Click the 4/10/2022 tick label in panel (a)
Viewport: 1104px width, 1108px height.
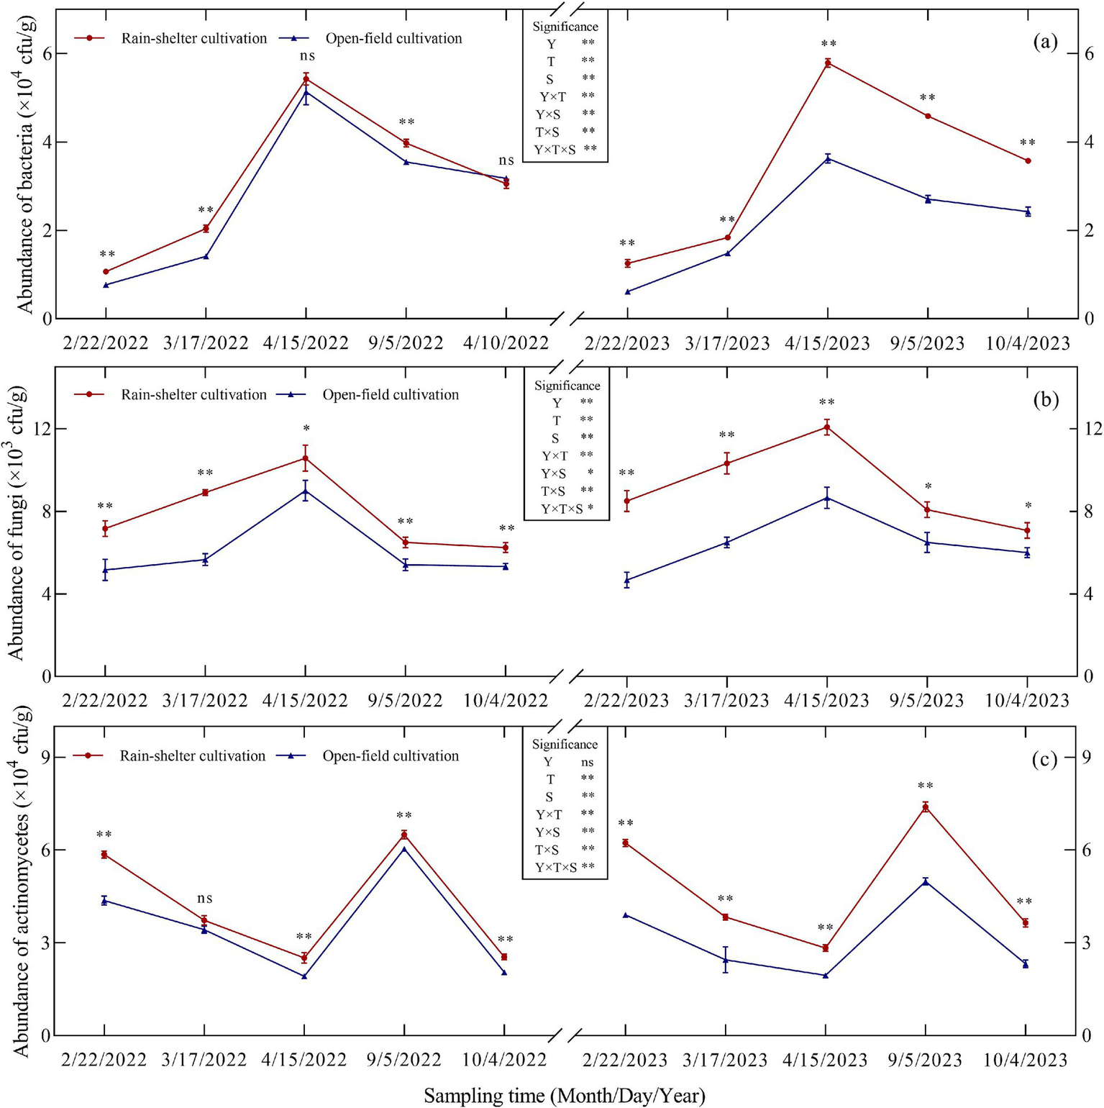pyautogui.click(x=506, y=343)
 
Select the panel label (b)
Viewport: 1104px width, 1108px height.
pyautogui.click(x=1045, y=400)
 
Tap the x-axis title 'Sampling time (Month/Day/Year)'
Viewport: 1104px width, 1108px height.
pyautogui.click(x=564, y=1095)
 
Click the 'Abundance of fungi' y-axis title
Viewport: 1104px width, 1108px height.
pyautogui.click(x=17, y=522)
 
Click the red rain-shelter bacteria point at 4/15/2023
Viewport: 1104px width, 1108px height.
pyautogui.click(x=827, y=63)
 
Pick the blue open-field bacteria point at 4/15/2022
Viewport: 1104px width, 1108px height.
pyautogui.click(x=306, y=92)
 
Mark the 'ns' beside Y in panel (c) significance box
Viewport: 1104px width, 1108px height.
pyautogui.click(x=587, y=763)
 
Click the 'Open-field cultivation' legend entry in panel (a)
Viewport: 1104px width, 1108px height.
pyautogui.click(x=393, y=39)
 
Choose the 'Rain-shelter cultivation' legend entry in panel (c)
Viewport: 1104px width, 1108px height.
pyautogui.click(x=192, y=756)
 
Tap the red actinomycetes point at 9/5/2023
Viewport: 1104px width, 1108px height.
pyautogui.click(x=926, y=807)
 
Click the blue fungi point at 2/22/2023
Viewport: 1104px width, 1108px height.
pyautogui.click(x=626, y=580)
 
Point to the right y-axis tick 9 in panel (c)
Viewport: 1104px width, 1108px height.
pyautogui.click(x=1087, y=757)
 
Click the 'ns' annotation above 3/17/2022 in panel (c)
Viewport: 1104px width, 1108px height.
pyautogui.click(x=204, y=899)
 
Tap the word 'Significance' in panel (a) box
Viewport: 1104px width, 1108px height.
pyautogui.click(x=565, y=27)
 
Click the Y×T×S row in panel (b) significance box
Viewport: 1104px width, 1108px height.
pyautogui.click(x=566, y=509)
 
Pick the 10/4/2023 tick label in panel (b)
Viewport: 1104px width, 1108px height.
pyautogui.click(x=1026, y=701)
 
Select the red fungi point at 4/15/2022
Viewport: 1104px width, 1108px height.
pyautogui.click(x=305, y=458)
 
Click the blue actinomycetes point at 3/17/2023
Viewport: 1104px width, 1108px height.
pyautogui.click(x=725, y=960)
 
